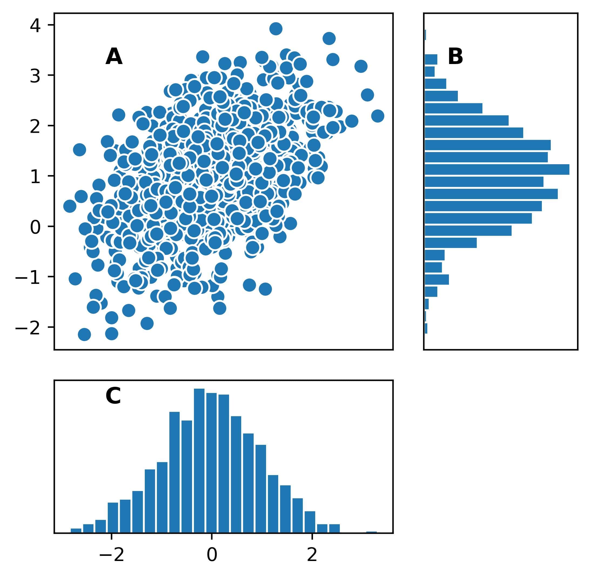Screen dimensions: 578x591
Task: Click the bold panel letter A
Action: (x=114, y=57)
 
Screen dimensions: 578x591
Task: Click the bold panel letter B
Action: (x=455, y=57)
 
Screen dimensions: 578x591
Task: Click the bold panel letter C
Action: (x=113, y=396)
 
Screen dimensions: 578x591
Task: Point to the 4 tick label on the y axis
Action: (x=35, y=25)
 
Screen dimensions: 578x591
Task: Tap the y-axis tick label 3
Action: (x=35, y=76)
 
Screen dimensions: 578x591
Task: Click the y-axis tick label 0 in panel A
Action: (x=35, y=227)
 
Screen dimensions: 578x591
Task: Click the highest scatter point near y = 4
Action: (x=276, y=29)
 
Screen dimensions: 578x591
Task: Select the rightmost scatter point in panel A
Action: (x=378, y=116)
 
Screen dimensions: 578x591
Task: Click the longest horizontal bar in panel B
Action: (x=497, y=169)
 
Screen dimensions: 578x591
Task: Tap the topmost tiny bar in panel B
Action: (x=425, y=35)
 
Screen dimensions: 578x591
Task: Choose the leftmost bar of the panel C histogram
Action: (x=76, y=531)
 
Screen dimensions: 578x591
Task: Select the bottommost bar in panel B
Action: (x=426, y=328)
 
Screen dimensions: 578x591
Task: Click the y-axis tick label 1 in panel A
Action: (x=35, y=176)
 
